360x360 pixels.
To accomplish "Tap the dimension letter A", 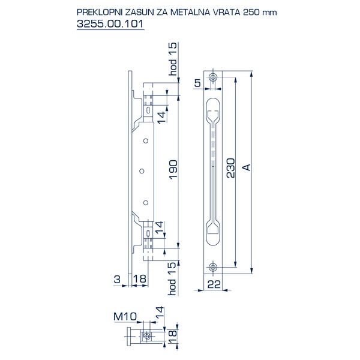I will coord(245,169).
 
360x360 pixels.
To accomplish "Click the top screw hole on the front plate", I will coord(214,78).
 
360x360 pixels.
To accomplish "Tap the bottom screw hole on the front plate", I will coord(214,267).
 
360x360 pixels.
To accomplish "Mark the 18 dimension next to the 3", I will coord(139,278).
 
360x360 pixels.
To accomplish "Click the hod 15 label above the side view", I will coord(173,58).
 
